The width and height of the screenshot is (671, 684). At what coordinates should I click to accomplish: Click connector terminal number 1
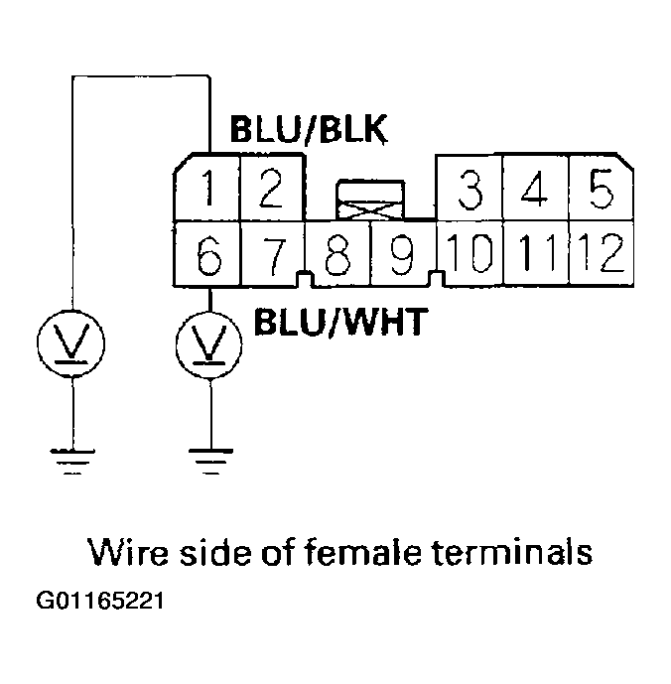tap(207, 189)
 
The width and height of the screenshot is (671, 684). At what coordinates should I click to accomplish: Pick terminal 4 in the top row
tap(534, 189)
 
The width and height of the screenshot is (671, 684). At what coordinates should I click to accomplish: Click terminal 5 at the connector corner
tap(598, 189)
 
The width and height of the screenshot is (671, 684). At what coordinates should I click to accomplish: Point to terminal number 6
tap(207, 256)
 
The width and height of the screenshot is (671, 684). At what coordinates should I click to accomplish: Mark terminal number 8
tap(337, 256)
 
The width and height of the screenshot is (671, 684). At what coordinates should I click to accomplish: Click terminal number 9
tap(402, 256)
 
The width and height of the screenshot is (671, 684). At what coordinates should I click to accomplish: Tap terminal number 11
tap(534, 255)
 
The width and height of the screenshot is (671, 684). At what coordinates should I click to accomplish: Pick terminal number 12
tap(598, 255)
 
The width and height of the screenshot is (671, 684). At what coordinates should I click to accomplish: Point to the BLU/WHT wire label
tap(340, 322)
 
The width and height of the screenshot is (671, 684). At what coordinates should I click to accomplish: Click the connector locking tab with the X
tap(371, 202)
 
